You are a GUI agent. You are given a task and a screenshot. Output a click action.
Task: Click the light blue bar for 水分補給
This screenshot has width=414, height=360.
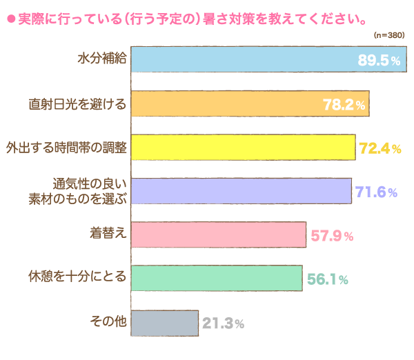click(241, 59)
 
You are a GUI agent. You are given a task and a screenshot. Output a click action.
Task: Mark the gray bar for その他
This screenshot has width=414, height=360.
click(164, 322)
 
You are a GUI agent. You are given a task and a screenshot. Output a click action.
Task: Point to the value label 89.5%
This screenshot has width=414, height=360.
click(379, 61)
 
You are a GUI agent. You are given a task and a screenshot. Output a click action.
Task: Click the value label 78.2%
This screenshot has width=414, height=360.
click(344, 105)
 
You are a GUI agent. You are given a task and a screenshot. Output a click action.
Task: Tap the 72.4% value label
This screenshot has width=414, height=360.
click(380, 148)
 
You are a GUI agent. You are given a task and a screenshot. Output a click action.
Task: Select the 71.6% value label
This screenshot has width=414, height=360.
click(377, 192)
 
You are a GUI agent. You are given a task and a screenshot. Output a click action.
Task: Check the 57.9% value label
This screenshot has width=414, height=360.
click(332, 236)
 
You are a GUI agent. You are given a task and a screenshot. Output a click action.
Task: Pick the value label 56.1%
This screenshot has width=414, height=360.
click(326, 279)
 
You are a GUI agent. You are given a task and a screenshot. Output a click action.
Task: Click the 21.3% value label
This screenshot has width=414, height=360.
click(223, 323)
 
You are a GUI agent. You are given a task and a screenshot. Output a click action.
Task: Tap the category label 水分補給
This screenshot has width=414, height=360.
click(101, 59)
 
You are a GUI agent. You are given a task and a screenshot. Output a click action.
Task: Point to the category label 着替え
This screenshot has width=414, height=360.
click(107, 234)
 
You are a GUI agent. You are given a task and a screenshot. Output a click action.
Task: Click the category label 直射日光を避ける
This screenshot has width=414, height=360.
click(77, 103)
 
